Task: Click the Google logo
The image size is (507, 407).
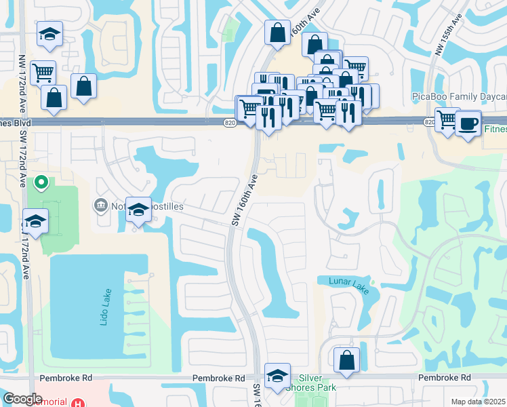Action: point(22,399)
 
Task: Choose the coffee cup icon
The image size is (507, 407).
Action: point(468,123)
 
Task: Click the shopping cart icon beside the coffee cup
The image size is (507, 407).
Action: point(447,120)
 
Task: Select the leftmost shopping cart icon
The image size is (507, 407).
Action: point(43,71)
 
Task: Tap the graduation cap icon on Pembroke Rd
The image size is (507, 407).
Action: point(277,375)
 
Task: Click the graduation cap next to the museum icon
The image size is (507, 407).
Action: point(138,209)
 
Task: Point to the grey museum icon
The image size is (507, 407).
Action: point(101,204)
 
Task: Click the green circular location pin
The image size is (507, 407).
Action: point(41,182)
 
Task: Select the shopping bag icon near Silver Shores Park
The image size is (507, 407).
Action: point(346,360)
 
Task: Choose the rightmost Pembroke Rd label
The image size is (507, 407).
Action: point(444,377)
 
